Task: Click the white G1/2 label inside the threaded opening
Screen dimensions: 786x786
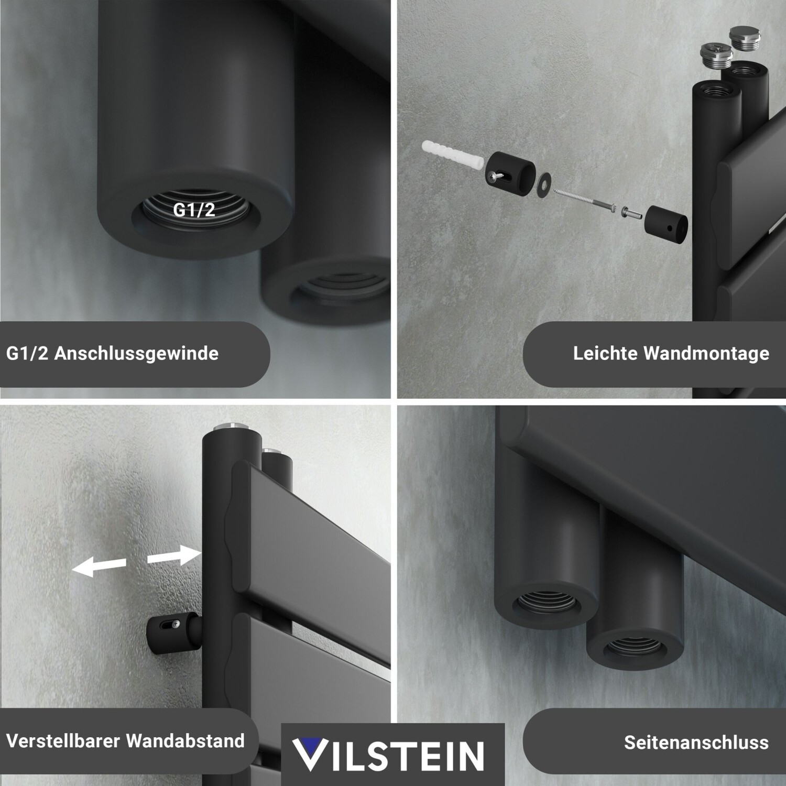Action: [x=194, y=210]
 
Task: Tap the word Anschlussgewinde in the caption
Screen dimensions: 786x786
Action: [x=136, y=354]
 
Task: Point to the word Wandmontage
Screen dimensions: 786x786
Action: [x=706, y=354]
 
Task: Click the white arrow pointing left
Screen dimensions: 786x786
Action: [x=99, y=566]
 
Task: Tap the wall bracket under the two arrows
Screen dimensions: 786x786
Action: [x=173, y=632]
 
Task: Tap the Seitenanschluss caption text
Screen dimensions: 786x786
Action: [x=696, y=743]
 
